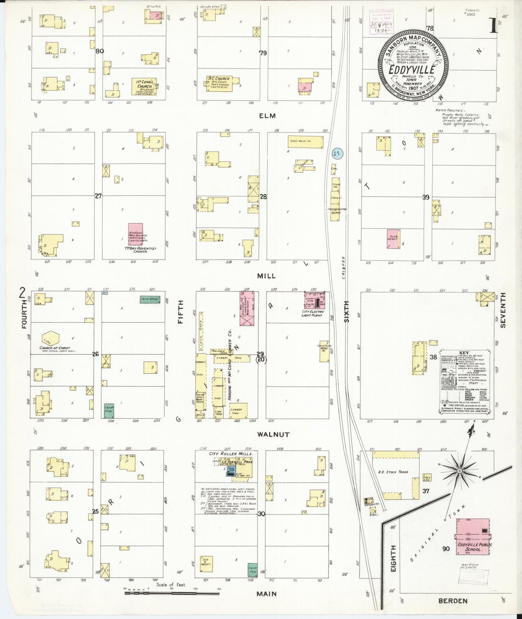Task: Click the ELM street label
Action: point(267,116)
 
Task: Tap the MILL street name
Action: point(266,276)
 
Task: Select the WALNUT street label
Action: point(273,434)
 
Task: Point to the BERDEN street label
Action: point(453,601)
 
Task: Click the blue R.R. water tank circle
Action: point(337,153)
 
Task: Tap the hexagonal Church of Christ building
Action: point(50,338)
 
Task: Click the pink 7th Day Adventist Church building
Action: point(135,235)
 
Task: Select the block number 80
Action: point(100,51)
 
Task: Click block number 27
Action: point(98,196)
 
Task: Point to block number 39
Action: point(426,197)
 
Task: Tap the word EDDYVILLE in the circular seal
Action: point(412,70)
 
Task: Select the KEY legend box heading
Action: point(464,353)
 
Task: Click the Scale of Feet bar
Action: point(172,593)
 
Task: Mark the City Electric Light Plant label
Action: point(313,313)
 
